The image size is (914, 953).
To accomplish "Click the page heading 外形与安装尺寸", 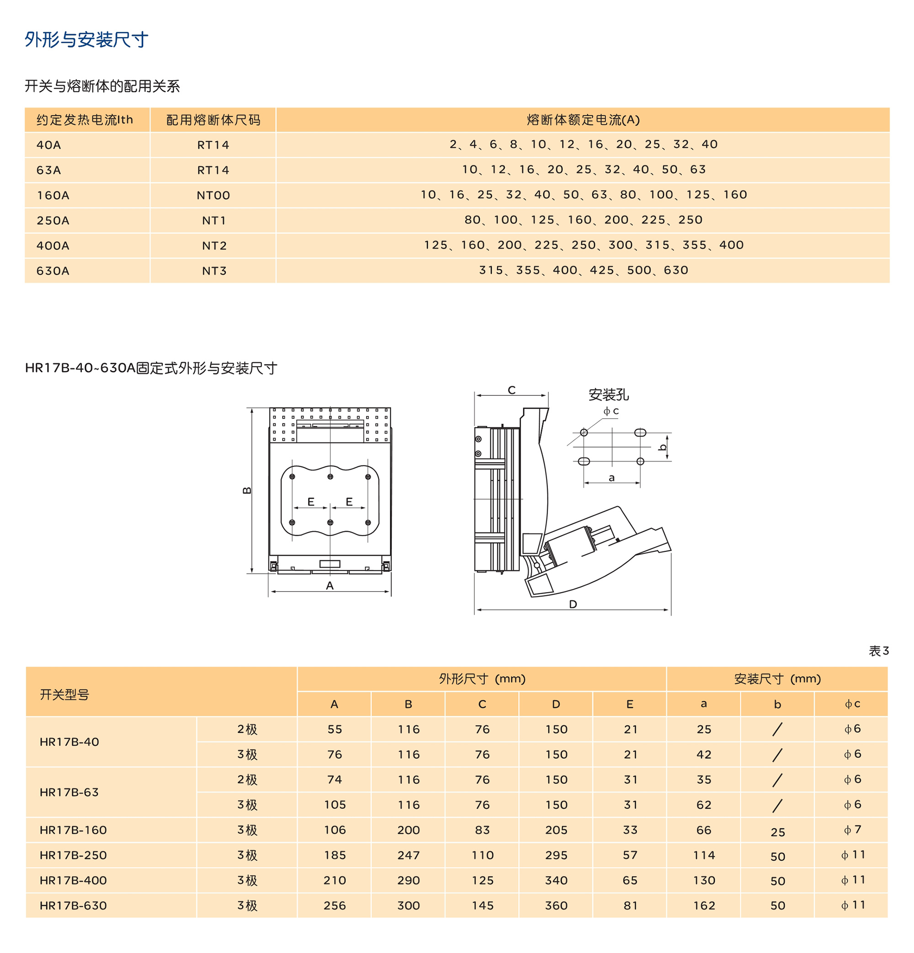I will pyautogui.click(x=86, y=40).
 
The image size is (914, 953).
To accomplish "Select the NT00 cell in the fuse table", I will pyautogui.click(x=213, y=196).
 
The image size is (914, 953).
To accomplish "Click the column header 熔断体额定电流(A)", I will pyautogui.click(x=583, y=120).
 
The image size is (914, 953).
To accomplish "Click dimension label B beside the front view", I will pyautogui.click(x=246, y=490).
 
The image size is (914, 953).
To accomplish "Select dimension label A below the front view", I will pyautogui.click(x=329, y=586).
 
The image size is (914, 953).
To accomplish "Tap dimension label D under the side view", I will pyautogui.click(x=573, y=604).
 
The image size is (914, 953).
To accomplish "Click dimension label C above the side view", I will pyautogui.click(x=511, y=390).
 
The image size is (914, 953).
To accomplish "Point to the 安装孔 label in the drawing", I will pyautogui.click(x=608, y=394).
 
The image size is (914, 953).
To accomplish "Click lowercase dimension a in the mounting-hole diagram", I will pyautogui.click(x=611, y=478).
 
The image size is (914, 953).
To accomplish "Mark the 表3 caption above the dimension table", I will pyautogui.click(x=878, y=650).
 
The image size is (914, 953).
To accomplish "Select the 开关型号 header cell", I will pyautogui.click(x=64, y=694).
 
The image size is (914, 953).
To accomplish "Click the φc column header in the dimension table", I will pyautogui.click(x=852, y=703).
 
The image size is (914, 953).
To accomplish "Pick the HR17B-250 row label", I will pyautogui.click(x=74, y=855).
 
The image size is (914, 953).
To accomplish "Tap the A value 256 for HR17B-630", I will pyautogui.click(x=335, y=905).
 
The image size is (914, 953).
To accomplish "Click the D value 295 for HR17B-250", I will pyautogui.click(x=556, y=855).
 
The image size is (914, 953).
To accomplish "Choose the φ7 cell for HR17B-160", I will pyautogui.click(x=852, y=830).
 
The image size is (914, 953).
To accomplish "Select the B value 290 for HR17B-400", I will pyautogui.click(x=409, y=880).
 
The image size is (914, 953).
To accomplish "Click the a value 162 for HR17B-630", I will pyautogui.click(x=703, y=905).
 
